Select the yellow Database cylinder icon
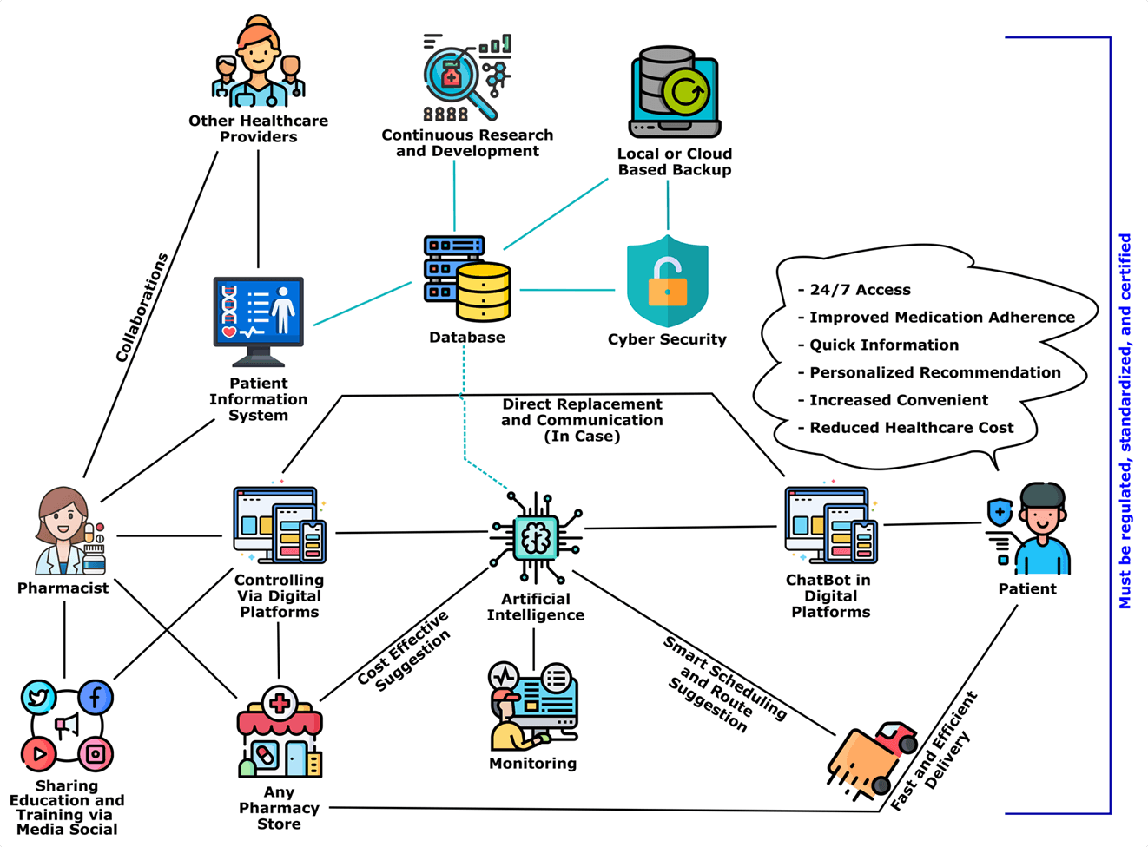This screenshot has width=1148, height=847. point(483,292)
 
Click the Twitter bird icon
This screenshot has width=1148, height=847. point(38,697)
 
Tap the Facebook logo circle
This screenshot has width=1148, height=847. point(96,697)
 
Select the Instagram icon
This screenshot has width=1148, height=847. point(96,753)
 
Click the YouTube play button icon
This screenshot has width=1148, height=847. point(38,753)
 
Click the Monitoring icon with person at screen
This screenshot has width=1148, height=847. point(532,706)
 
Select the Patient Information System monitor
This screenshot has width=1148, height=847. point(259,320)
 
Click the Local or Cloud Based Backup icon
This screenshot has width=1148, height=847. point(675,93)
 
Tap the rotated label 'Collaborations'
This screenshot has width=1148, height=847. point(142,308)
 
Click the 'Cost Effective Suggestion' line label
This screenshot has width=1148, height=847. point(405,648)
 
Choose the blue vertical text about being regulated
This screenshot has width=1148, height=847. point(1125,421)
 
